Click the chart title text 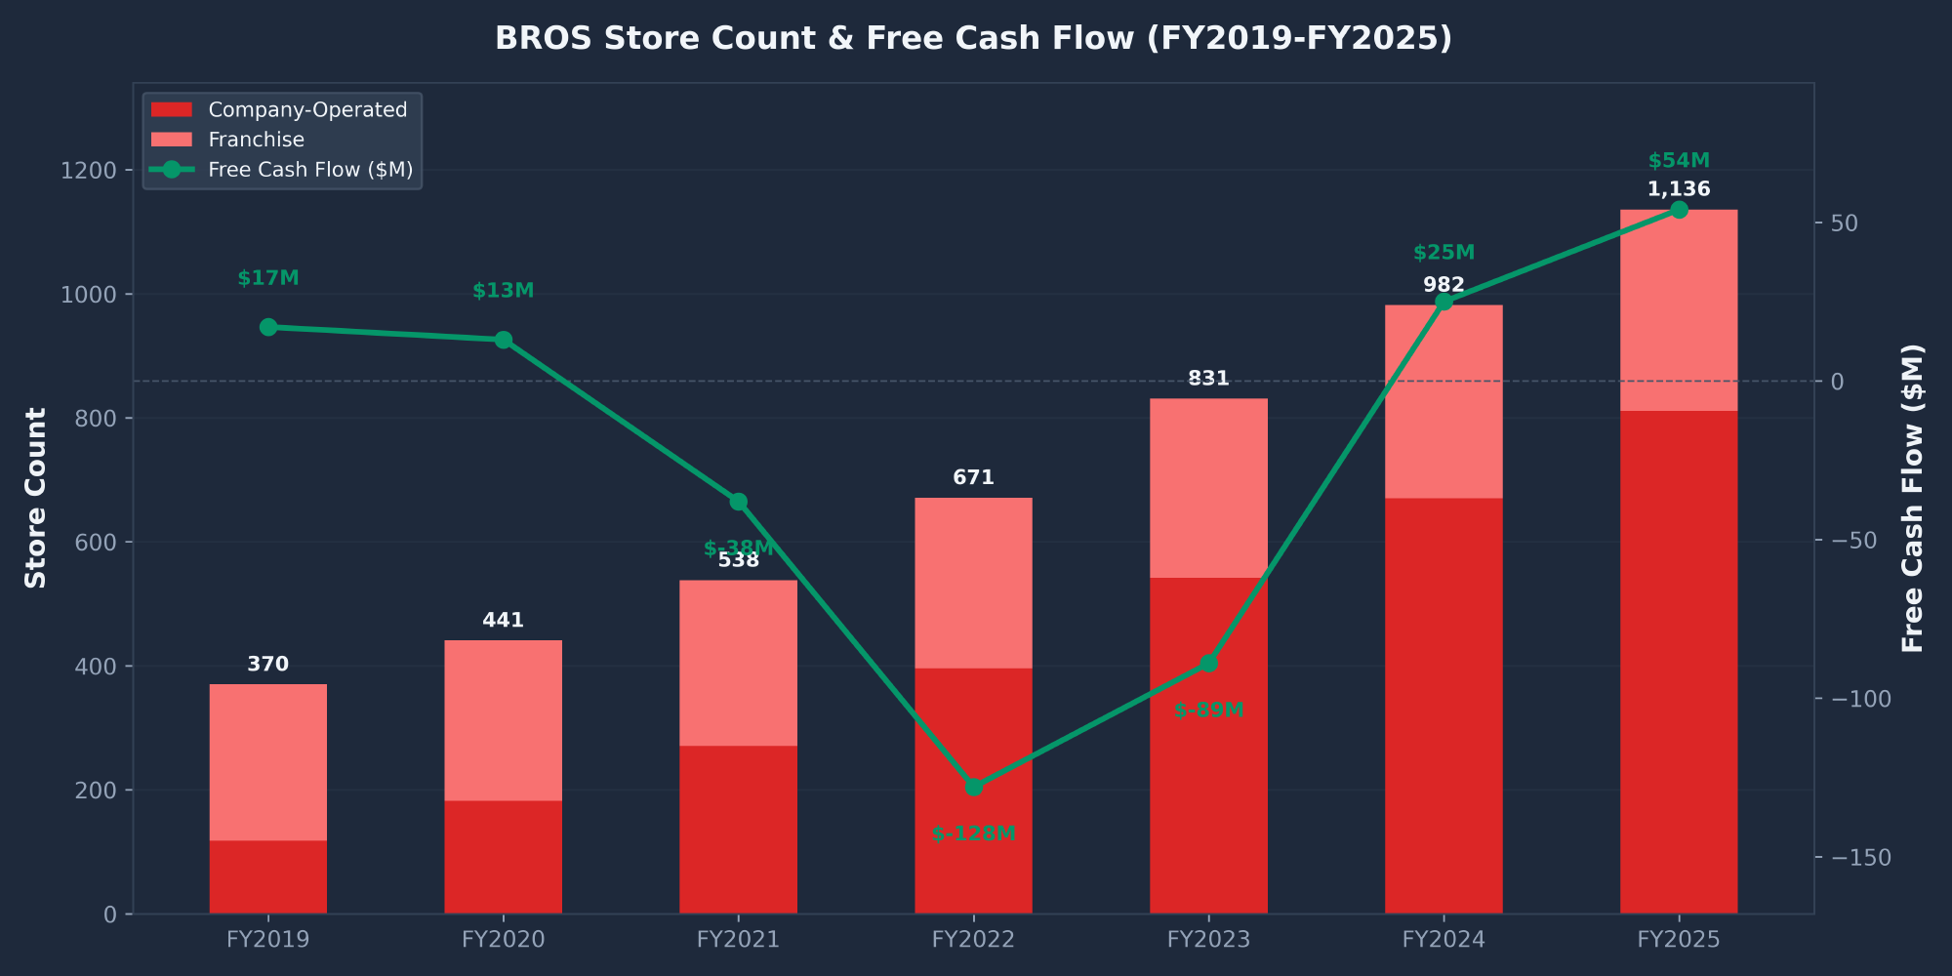pos(973,38)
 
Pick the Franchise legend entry pos(256,140)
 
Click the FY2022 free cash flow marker pos(973,787)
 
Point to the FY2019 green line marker pos(268,327)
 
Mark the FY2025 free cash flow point pos(1679,210)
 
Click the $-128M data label pos(973,834)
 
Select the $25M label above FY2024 pos(1444,253)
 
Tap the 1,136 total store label pos(1679,189)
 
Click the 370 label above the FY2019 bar pos(268,665)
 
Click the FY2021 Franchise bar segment pos(738,664)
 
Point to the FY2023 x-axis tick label pos(1208,940)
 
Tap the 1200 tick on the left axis pos(88,171)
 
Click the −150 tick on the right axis pos(1861,858)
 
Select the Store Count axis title pos(36,498)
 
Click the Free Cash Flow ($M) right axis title pos(1913,498)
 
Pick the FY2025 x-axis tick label pos(1679,940)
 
